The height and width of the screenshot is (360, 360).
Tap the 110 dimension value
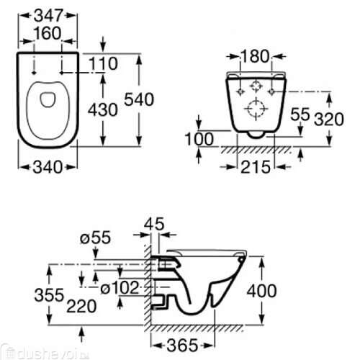[103, 64]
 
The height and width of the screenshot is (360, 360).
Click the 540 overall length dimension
[140, 100]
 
